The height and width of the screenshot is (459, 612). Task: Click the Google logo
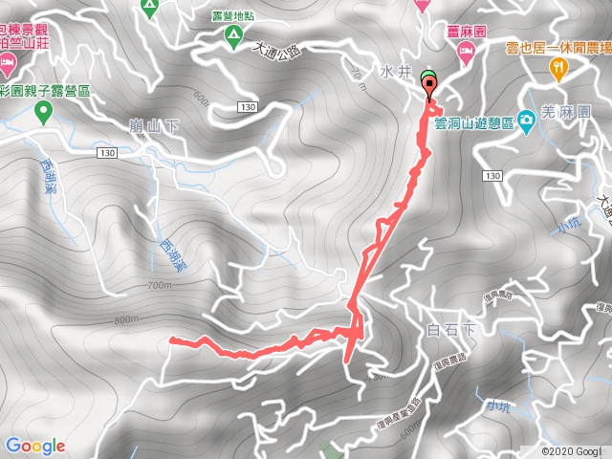35,446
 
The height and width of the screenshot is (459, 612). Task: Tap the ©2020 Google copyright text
573,451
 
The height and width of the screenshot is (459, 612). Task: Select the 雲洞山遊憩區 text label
474,122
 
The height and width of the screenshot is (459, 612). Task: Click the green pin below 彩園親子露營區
42,112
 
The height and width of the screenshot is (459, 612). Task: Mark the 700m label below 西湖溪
160,285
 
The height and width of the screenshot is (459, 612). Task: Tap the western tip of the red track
171,339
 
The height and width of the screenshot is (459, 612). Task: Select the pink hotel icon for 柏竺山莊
8,62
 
